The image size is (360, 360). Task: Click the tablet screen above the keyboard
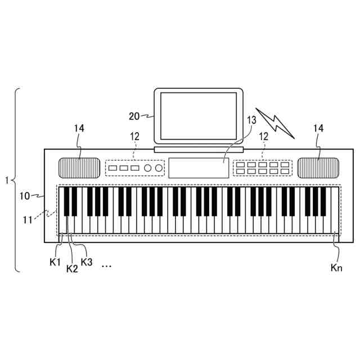(199, 116)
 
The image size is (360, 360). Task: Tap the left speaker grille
(79, 168)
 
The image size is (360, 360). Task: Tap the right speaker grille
(319, 168)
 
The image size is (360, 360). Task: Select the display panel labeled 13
(199, 168)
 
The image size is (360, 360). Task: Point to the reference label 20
(134, 116)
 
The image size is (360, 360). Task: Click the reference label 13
(251, 120)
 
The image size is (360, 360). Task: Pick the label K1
(55, 262)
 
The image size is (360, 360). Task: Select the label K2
(71, 269)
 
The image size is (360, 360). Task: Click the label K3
(87, 262)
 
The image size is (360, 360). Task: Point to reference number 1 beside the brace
(6, 181)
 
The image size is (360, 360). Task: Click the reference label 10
(25, 196)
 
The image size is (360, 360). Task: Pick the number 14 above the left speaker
(79, 129)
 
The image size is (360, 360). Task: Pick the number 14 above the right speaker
(318, 129)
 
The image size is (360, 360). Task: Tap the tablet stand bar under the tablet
(199, 150)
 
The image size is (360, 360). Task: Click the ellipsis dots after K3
(106, 265)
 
